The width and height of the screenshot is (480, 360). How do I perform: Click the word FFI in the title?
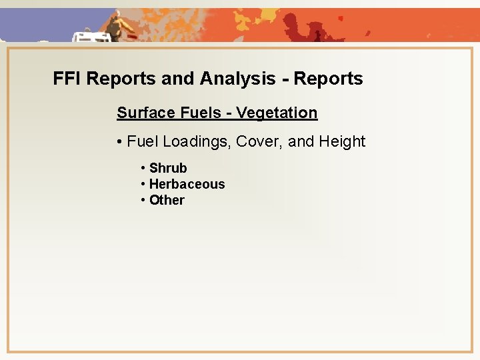click(68, 79)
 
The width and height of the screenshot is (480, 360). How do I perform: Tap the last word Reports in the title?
click(328, 79)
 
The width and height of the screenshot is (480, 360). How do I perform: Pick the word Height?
click(342, 141)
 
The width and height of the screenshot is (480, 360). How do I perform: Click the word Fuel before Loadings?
click(142, 141)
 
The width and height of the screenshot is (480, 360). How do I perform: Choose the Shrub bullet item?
click(168, 168)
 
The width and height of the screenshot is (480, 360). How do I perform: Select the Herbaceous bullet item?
click(187, 184)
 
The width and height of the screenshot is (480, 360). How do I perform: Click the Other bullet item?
click(167, 200)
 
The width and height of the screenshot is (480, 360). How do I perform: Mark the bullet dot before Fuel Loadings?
click(119, 142)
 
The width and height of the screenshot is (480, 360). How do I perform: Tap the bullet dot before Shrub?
click(143, 169)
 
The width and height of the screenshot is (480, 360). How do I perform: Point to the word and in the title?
click(177, 79)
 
